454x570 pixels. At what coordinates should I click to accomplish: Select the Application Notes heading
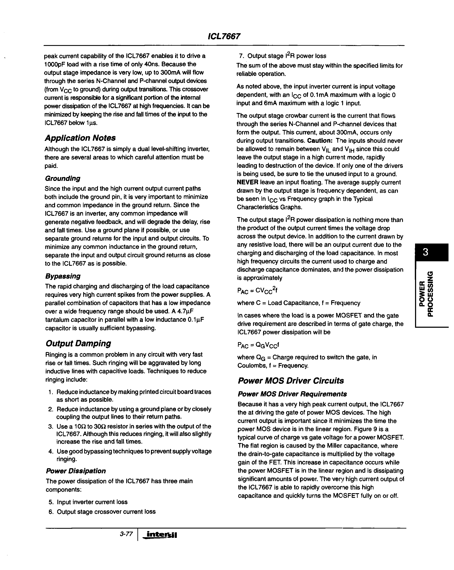(x=80, y=138)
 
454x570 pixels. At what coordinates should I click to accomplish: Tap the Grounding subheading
(x=63, y=178)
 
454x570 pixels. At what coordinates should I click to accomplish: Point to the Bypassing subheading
(x=63, y=276)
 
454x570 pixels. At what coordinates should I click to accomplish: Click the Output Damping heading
(x=78, y=343)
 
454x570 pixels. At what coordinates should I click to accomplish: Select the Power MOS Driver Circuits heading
(x=291, y=381)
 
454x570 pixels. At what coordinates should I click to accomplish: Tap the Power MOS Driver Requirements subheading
(x=292, y=394)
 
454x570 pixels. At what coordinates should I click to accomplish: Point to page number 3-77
(x=126, y=534)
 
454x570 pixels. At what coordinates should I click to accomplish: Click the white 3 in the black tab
(x=425, y=252)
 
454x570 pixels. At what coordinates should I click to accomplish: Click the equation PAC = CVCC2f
(x=257, y=291)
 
